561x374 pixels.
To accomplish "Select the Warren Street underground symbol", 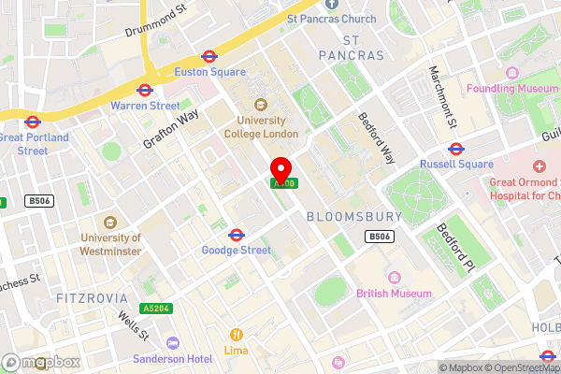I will click(145, 91).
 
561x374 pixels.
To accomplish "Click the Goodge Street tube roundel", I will click(237, 235).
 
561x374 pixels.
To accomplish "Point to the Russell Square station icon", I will click(456, 149).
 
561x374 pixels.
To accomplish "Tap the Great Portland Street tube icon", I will click(32, 122).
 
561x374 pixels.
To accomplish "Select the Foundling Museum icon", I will click(511, 73).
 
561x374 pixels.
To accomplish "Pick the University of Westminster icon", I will click(110, 223).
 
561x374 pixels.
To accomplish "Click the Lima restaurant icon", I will click(236, 334).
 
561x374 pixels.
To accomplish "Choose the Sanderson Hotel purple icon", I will click(171, 343).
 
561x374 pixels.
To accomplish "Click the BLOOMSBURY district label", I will click(353, 217).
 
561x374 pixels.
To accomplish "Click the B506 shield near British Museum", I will click(379, 237).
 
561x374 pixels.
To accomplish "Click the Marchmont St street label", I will click(441, 97).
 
